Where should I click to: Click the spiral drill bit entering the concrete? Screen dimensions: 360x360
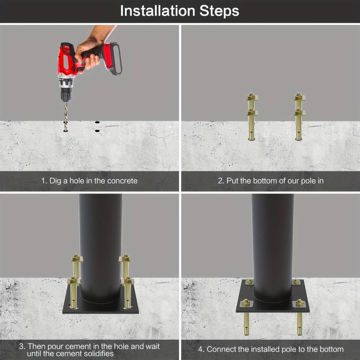[66, 116]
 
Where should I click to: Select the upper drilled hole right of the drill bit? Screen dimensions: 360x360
[97, 121]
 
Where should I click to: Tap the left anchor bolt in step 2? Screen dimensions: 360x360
[251, 117]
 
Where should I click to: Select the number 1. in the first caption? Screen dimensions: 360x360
[44, 181]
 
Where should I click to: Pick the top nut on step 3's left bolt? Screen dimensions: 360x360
[75, 258]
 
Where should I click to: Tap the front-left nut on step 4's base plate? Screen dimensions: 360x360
[246, 302]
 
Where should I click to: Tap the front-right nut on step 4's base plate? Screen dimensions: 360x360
[299, 303]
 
